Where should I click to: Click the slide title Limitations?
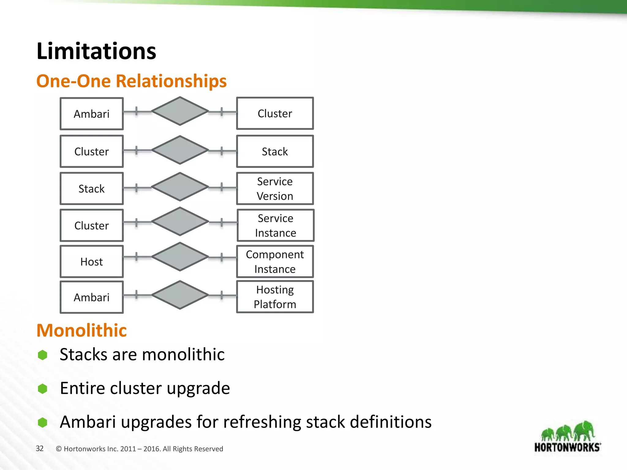[96, 51]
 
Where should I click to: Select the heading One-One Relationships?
[131, 81]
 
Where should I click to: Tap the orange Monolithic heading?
[81, 330]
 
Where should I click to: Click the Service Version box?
[275, 188]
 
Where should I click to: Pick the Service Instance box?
[275, 226]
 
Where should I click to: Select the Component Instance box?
[275, 262]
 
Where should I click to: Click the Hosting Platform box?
[275, 297]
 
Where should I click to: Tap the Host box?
[92, 262]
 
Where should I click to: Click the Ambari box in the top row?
[92, 114]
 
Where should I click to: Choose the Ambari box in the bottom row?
[92, 297]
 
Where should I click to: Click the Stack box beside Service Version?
[92, 188]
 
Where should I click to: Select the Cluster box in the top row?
[275, 114]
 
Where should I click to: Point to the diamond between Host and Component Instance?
[180, 257]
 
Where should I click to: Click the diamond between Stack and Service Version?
[180, 187]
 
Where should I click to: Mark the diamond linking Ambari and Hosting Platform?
[180, 295]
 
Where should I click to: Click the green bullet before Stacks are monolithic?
[43, 355]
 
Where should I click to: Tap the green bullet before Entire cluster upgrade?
[43, 389]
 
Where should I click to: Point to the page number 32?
[40, 449]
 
